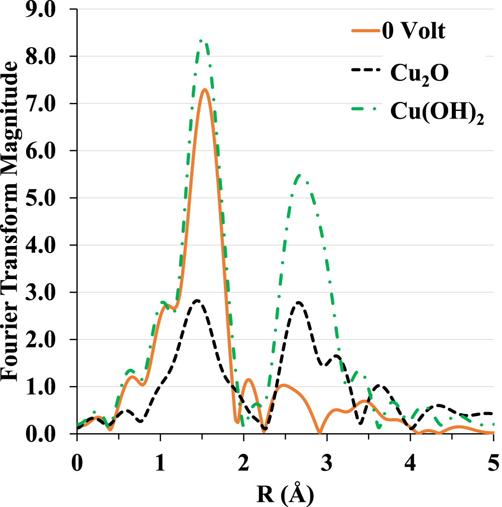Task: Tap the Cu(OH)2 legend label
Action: [437, 113]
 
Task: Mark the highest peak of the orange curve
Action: [205, 90]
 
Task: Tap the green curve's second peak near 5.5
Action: [300, 175]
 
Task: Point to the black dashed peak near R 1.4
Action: [197, 300]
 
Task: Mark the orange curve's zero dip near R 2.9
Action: [319, 432]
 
